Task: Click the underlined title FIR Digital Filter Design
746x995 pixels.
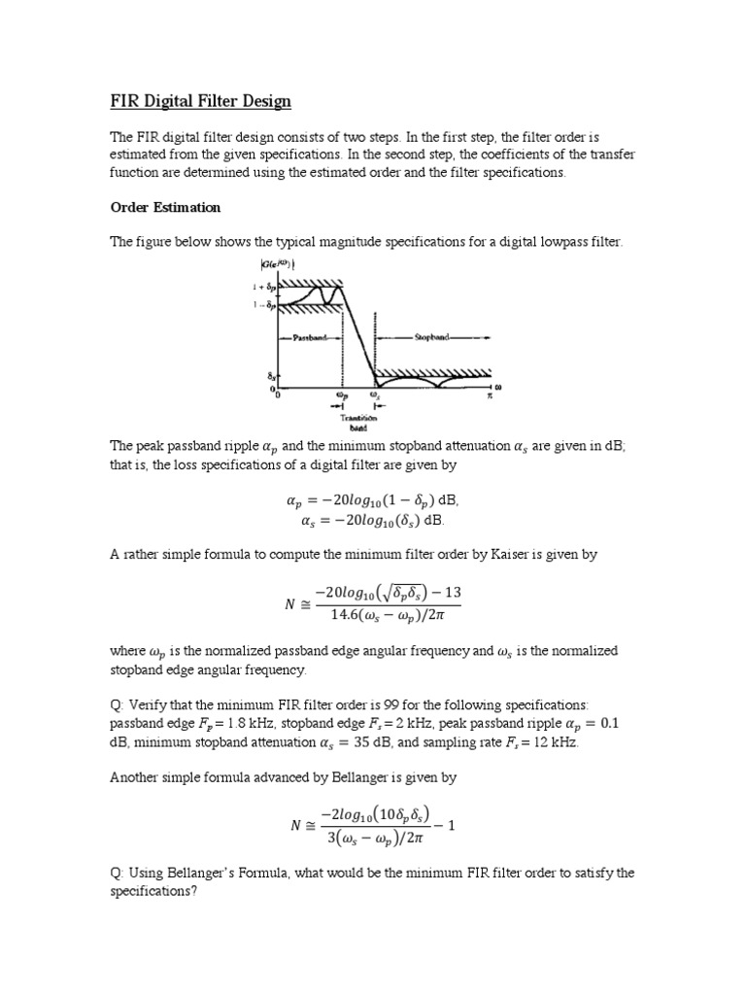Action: pos(200,102)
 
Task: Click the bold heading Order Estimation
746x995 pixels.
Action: pos(165,207)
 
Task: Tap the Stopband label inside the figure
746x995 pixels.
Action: pos(432,338)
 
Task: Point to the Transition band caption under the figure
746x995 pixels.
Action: pos(356,419)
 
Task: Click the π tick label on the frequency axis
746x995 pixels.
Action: pos(491,395)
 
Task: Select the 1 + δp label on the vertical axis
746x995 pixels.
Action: pos(263,289)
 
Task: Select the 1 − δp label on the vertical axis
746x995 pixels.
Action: pos(263,306)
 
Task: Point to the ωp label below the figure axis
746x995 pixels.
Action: pos(341,395)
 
